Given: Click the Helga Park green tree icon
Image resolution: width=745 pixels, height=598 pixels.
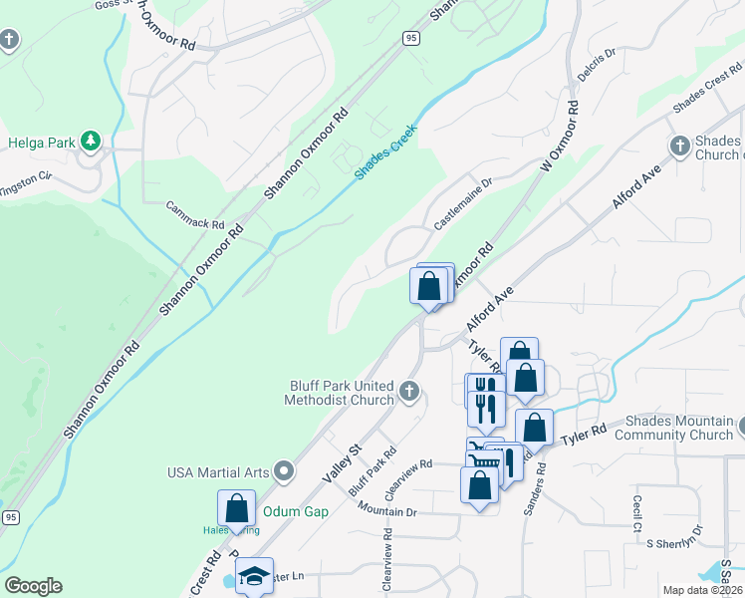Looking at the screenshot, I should (92, 142).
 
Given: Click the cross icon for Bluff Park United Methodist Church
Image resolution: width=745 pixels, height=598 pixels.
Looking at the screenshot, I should (409, 392).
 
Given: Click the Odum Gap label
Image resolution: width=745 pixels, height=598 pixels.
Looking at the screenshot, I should (295, 511).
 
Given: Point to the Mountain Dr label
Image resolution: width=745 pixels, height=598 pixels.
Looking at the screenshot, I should (387, 511).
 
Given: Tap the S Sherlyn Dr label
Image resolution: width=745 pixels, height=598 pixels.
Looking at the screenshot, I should (676, 543).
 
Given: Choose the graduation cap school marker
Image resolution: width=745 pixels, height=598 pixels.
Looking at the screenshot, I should (255, 576).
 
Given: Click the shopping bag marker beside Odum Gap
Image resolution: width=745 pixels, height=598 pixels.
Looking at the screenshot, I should (236, 508).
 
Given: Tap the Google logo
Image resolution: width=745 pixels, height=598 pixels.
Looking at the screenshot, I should (33, 586).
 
